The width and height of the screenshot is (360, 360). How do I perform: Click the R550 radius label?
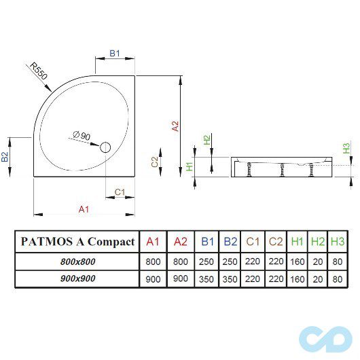click(x=37, y=71)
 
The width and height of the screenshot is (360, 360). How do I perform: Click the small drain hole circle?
click(x=105, y=147)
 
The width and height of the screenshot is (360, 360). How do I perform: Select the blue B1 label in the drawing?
click(x=115, y=54)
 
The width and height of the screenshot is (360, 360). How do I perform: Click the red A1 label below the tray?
click(x=84, y=209)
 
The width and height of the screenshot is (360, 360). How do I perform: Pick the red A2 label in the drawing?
click(x=175, y=126)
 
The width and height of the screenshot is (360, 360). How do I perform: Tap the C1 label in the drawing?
click(x=120, y=192)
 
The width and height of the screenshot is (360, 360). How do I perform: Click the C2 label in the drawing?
click(x=155, y=162)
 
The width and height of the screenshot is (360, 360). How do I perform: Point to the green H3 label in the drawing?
click(x=346, y=147)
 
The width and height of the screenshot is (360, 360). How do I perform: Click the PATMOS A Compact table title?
click(x=77, y=242)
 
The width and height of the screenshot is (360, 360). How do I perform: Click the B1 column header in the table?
click(x=207, y=242)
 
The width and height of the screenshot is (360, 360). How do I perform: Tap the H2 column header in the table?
click(x=317, y=242)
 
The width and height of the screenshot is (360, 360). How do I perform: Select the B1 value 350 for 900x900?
click(x=207, y=278)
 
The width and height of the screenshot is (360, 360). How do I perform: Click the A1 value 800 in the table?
click(x=153, y=260)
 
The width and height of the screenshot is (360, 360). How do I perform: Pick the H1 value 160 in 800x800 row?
click(x=297, y=260)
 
